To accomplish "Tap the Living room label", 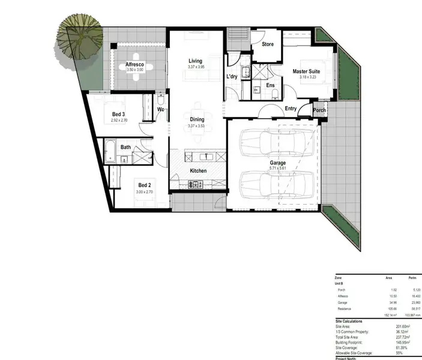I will coord(195,61).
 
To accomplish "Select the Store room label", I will coord(268,44).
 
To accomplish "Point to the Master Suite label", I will coord(306,71).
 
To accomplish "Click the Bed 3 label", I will coord(118,114).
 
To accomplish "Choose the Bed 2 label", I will coord(144,184).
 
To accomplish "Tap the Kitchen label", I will coord(198,171).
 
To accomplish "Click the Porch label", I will coord(320,110).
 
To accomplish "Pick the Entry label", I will coord(291,109).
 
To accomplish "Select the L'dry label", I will coord(232,77).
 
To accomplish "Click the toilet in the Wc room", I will coord(161,100).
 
